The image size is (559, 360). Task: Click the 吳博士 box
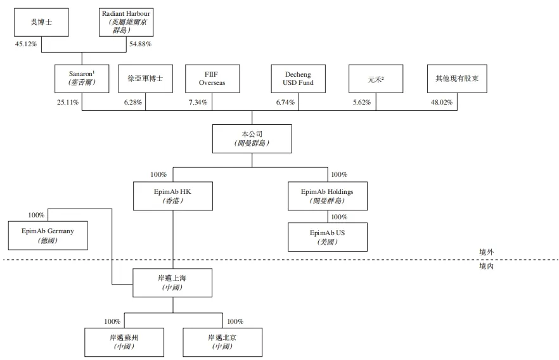41,22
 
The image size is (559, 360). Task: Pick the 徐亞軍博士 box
145,79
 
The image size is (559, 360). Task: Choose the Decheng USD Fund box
298,79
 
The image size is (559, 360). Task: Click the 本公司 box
252,139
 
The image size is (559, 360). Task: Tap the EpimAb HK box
173,196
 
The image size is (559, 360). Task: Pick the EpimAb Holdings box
327,196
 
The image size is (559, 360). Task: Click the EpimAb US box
327,236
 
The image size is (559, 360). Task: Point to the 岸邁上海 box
173,283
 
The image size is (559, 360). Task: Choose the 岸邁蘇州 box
124,342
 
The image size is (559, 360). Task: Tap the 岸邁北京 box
222,342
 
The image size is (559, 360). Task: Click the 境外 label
487,252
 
